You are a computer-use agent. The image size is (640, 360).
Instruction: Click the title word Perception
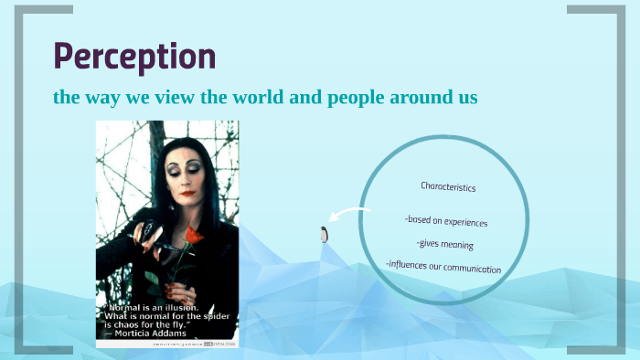pos(134,56)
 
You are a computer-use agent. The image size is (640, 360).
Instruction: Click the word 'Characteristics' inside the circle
pos(448,186)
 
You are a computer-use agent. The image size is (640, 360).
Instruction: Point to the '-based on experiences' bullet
pos(445,221)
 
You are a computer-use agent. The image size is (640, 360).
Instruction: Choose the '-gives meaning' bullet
pos(444,244)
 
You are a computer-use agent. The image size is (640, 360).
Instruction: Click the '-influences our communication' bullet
pos(443,268)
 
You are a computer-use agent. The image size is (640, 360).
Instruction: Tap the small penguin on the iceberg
pos(324,234)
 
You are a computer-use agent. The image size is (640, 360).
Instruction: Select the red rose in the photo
pos(192,237)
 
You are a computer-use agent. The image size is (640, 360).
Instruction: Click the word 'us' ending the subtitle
pos(467,97)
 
